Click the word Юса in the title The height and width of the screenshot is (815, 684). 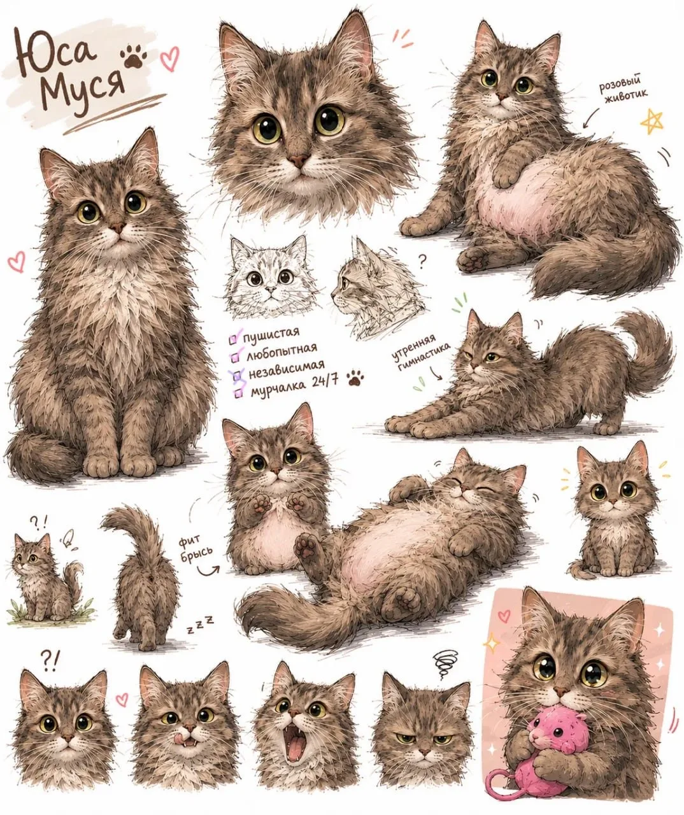click(x=55, y=51)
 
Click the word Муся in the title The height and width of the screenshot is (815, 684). click(x=83, y=89)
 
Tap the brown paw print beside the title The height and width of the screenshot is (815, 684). click(x=134, y=56)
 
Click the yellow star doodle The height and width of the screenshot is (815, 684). click(x=652, y=122)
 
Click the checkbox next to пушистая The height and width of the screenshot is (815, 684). click(x=234, y=340)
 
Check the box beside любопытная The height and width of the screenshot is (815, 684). click(x=236, y=357)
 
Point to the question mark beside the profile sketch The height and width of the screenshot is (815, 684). click(x=422, y=262)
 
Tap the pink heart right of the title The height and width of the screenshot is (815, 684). click(x=170, y=59)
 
